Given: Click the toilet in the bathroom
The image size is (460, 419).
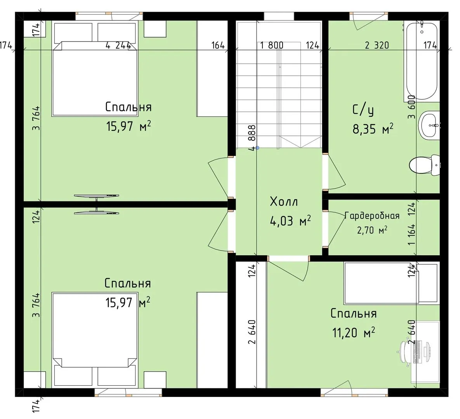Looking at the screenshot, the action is tap(424, 166).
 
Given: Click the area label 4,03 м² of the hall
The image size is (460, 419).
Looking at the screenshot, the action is tap(290, 220).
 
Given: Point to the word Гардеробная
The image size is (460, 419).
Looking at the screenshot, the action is tap(372, 216).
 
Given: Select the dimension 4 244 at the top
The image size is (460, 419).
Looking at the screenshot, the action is tap(118, 45).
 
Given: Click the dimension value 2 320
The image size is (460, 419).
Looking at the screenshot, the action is tap(377, 45).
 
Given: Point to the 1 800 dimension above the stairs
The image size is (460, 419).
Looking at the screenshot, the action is tap(272, 45).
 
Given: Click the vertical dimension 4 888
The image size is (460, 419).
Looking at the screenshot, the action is tap(252, 138).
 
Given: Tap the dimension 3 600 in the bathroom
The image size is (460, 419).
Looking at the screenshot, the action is tap(411, 107).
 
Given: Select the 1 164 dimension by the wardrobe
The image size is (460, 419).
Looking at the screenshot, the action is tap(411, 235).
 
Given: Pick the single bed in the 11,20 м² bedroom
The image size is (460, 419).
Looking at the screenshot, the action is tap(391, 283).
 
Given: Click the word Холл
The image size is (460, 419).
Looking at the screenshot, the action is tap(284, 202).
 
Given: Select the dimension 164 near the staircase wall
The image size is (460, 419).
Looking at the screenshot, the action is tap(218, 45).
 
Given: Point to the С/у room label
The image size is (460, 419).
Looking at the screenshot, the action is tap(363, 110).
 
